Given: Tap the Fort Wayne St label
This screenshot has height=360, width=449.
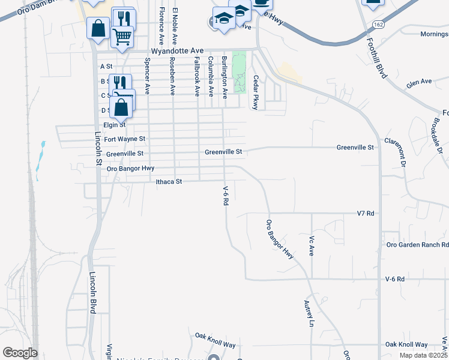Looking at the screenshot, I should [x=125, y=139].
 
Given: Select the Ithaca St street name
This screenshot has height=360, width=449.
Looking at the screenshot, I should [x=169, y=181].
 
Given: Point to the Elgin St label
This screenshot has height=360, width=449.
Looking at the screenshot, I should [x=114, y=125].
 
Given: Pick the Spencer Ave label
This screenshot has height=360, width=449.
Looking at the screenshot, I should [x=147, y=77].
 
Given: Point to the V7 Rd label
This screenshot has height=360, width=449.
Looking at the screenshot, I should [x=365, y=214].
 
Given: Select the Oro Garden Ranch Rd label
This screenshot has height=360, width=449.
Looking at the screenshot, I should [x=417, y=245].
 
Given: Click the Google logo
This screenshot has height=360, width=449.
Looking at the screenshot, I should [x=20, y=353].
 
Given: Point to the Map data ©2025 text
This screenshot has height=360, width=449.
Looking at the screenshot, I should [x=423, y=355].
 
